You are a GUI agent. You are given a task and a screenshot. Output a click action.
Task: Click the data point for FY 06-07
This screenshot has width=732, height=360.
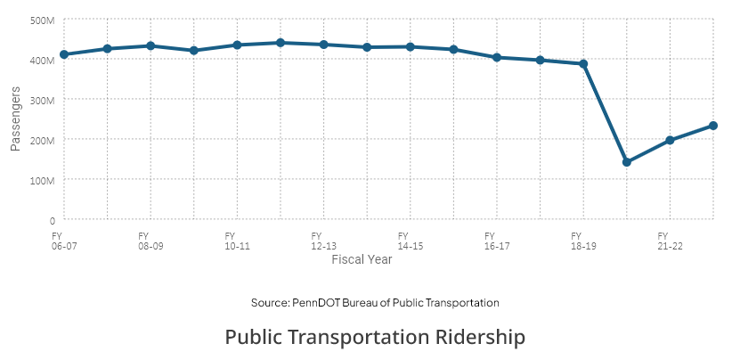(x=64, y=54)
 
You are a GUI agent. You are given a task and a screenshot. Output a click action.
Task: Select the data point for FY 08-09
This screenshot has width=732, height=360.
(x=150, y=45)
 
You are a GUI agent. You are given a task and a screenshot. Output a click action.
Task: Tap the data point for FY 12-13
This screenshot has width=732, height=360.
(x=323, y=45)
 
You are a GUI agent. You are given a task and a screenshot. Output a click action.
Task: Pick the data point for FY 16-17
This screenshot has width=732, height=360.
(x=497, y=57)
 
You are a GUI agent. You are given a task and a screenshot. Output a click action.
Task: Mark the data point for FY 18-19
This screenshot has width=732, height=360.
(x=583, y=63)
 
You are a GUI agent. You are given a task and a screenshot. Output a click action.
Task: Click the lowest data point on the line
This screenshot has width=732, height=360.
(x=627, y=162)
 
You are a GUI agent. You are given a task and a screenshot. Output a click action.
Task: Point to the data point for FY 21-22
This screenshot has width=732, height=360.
(x=670, y=140)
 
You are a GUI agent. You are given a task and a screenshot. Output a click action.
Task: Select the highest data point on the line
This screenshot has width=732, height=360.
(x=281, y=43)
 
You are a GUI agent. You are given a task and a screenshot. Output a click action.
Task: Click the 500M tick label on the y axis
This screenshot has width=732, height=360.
(x=44, y=20)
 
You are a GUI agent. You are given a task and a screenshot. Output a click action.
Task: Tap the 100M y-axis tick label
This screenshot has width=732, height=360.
(x=44, y=180)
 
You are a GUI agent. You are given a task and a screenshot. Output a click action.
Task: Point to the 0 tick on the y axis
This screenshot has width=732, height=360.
(x=53, y=220)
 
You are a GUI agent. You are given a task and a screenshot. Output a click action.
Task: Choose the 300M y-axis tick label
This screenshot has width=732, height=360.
(x=44, y=101)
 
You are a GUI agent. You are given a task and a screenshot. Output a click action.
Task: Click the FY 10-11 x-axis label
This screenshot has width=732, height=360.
(x=237, y=241)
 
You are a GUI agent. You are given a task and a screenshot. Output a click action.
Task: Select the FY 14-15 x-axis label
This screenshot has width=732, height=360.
(x=410, y=241)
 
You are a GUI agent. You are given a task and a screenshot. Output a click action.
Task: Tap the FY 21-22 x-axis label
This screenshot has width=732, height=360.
(x=670, y=241)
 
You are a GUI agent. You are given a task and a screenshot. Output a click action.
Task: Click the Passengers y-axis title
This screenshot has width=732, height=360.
(x=15, y=119)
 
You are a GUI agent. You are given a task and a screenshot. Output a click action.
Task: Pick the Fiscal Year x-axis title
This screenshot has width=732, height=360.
(x=362, y=259)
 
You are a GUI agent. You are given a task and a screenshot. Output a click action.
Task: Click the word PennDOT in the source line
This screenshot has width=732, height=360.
(x=316, y=303)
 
